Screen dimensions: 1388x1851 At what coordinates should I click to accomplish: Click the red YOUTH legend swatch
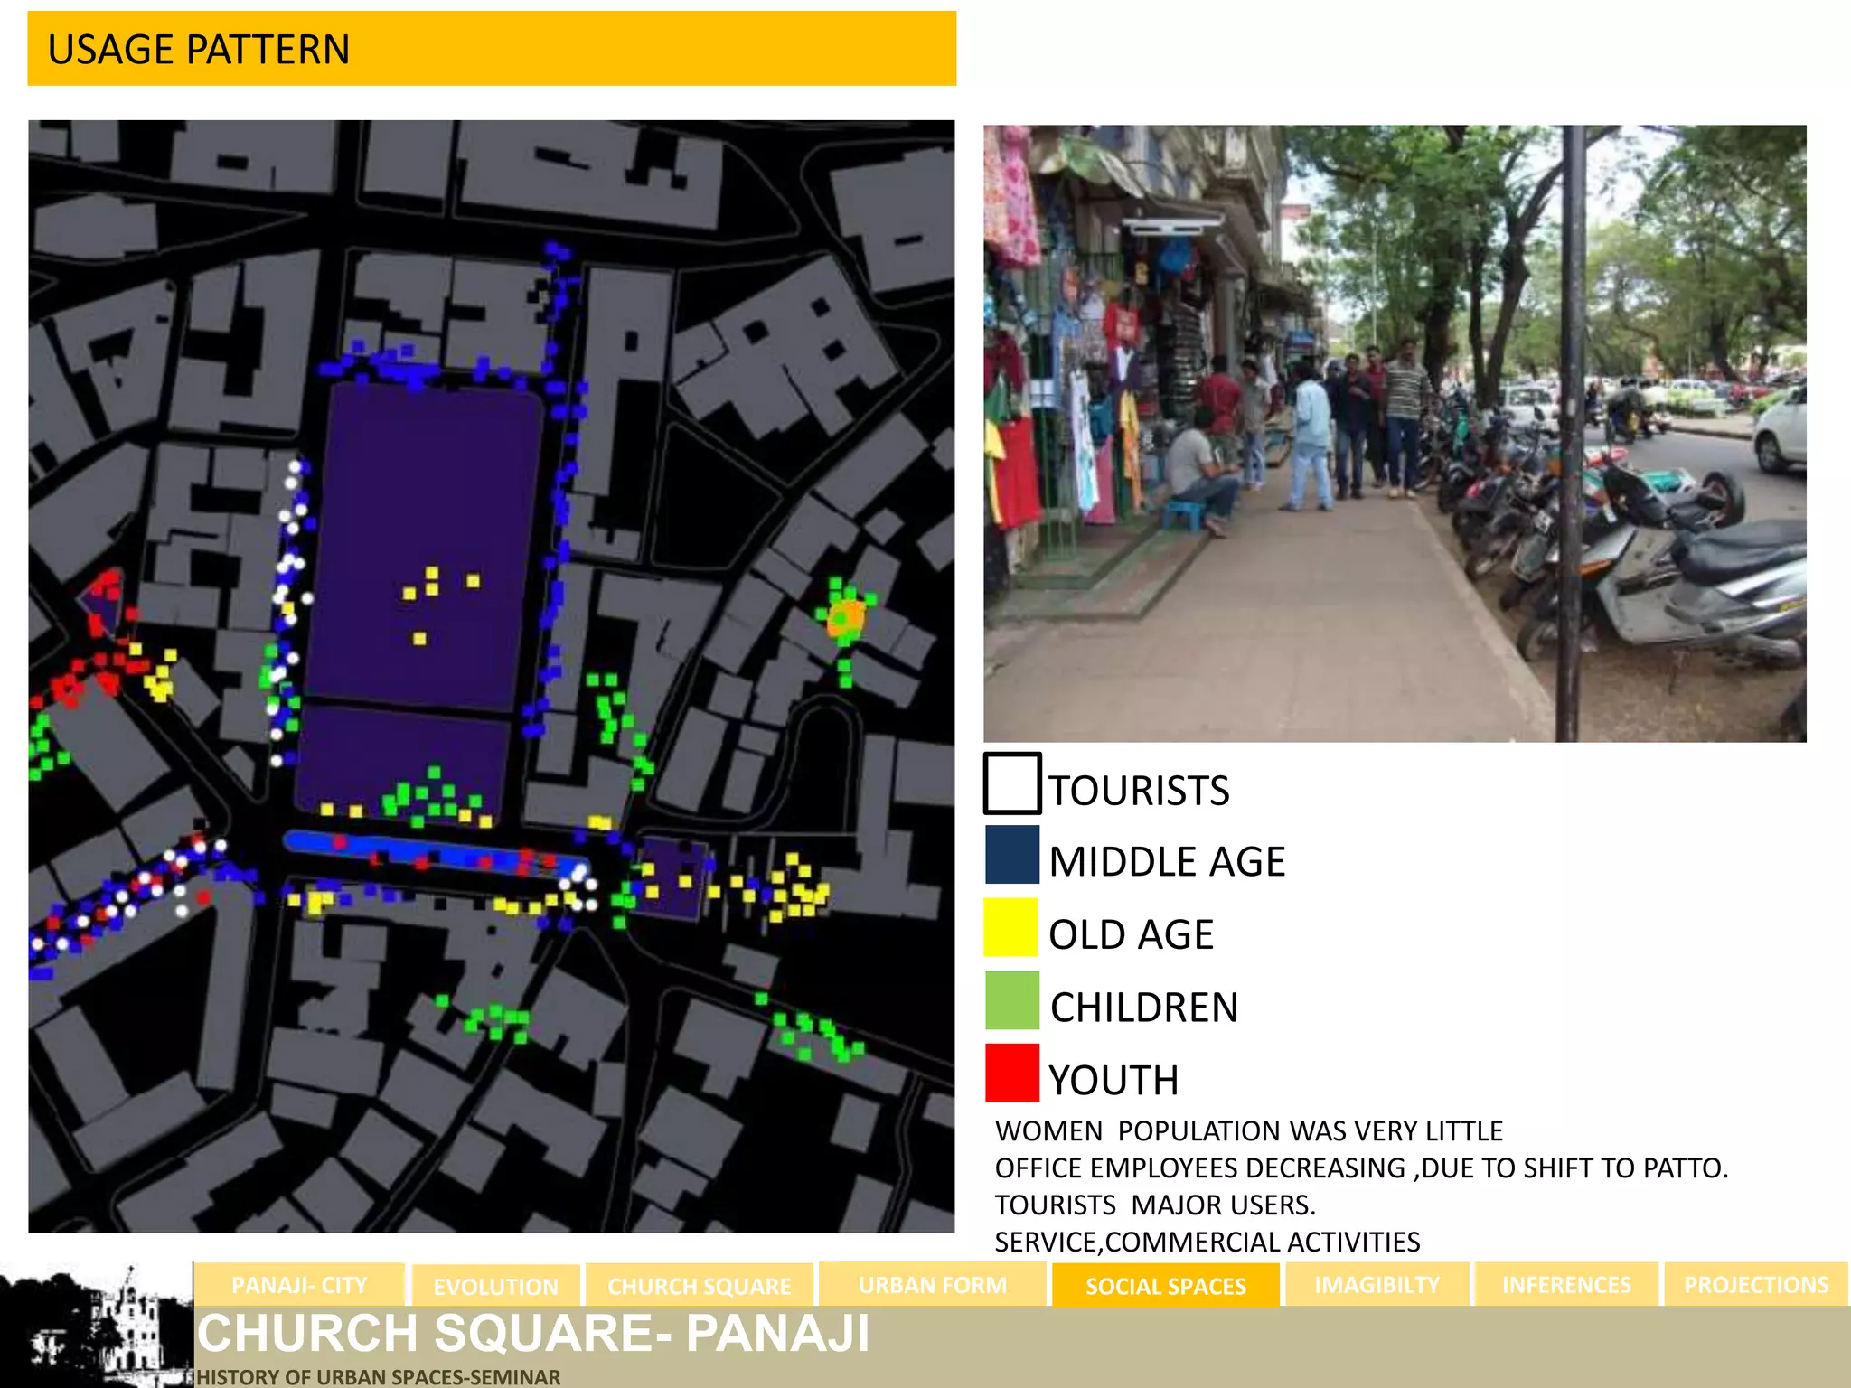[x=1011, y=1073]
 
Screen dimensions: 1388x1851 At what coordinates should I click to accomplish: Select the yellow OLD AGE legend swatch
[x=1011, y=927]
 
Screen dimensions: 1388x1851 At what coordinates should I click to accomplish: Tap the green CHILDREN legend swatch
[x=1011, y=1000]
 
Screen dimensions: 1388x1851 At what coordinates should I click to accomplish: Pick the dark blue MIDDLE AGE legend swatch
[x=1011, y=854]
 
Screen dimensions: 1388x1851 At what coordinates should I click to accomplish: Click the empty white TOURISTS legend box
[x=1012, y=783]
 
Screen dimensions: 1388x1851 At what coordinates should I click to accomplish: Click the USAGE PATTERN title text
[x=198, y=50]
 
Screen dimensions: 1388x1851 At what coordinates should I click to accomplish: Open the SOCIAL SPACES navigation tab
[x=1165, y=1286]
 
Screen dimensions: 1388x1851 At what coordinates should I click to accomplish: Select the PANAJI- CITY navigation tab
[x=299, y=1285]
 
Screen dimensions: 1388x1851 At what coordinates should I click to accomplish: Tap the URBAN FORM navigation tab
[x=932, y=1285]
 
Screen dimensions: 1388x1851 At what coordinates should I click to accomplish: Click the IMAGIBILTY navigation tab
[x=1377, y=1285]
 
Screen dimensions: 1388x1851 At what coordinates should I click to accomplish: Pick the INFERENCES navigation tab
[x=1566, y=1285]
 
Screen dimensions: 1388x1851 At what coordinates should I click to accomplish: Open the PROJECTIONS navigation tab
[x=1755, y=1285]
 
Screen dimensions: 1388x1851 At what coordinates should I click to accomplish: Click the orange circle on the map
[x=847, y=619]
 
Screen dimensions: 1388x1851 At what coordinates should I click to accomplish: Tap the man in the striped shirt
[x=1403, y=411]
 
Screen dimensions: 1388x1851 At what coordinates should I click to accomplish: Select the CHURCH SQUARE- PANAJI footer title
[x=533, y=1334]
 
